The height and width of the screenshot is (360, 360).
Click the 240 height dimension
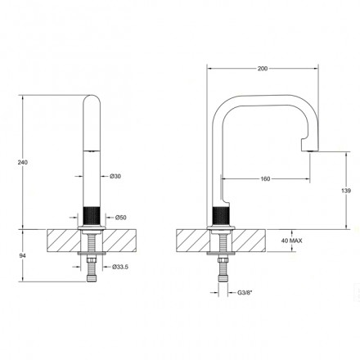tap(23, 162)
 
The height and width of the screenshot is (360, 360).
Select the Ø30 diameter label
tap(115, 176)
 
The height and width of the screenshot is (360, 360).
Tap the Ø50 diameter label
tap(120, 218)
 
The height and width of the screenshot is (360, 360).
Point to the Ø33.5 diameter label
tap(120, 267)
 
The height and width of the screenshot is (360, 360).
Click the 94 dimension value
tap(23, 256)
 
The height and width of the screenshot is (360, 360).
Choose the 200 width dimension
tap(263, 69)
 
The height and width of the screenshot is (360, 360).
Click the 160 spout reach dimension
tap(265, 178)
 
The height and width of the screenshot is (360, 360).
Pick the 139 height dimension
tap(346, 191)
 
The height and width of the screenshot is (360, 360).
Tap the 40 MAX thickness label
tap(291, 241)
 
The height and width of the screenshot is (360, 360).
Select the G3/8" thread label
tap(244, 293)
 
